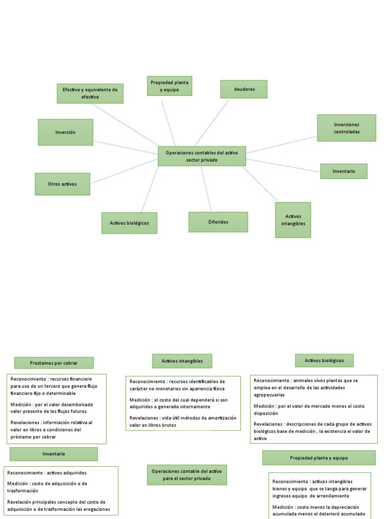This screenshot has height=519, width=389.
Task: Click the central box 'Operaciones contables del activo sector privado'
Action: [202, 156]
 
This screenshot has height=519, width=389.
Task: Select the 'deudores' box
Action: [244, 89]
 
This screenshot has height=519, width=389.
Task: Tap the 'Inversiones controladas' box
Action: [346, 128]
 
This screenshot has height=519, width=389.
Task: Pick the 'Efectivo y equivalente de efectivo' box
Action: [90, 93]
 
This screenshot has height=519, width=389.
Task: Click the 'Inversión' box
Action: [65, 132]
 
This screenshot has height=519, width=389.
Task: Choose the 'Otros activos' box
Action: [62, 184]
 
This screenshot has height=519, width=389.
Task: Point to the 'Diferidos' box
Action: [218, 222]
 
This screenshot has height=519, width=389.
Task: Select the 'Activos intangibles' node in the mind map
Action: [293, 220]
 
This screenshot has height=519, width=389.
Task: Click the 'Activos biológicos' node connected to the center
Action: [129, 223]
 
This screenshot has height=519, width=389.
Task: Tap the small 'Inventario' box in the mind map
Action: [343, 171]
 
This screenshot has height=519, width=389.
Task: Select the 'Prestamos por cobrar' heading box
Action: [54, 363]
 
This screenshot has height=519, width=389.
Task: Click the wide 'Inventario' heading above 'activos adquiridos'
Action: [54, 454]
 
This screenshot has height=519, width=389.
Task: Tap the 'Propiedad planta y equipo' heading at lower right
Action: [319, 458]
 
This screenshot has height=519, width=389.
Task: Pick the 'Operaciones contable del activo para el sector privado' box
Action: [187, 475]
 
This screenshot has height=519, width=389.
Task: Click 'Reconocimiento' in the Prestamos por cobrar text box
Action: [26, 379]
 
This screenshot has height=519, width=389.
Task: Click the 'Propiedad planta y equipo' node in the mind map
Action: [170, 86]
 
